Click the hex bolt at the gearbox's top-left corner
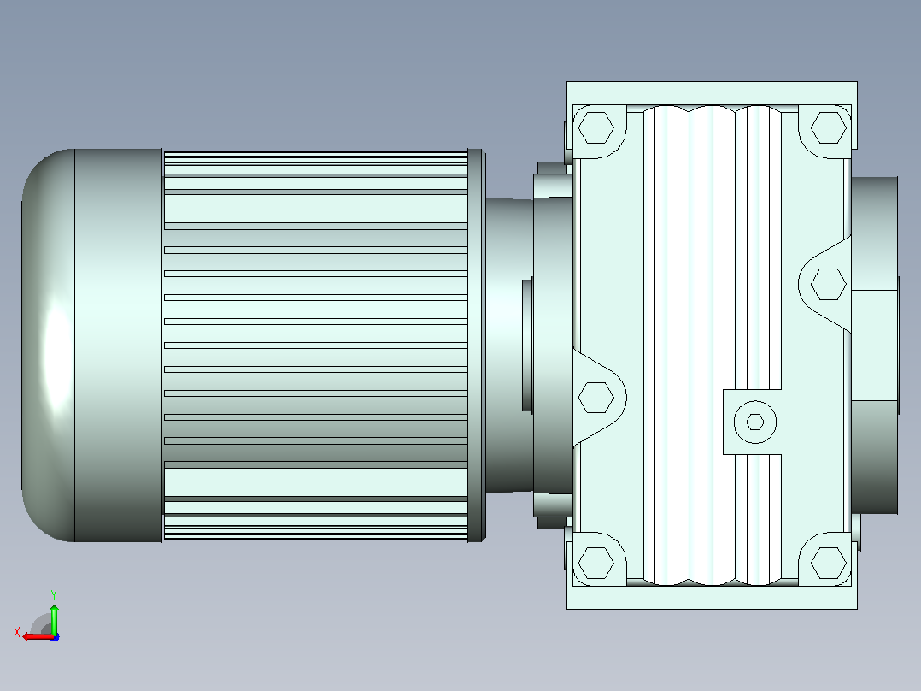595,127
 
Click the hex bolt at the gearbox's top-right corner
828,127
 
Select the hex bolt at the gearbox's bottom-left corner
595,563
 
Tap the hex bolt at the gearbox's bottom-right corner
828,563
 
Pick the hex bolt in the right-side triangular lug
828,284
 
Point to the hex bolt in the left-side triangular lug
595,397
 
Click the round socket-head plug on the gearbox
754,422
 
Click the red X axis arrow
38,636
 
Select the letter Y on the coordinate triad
54,594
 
